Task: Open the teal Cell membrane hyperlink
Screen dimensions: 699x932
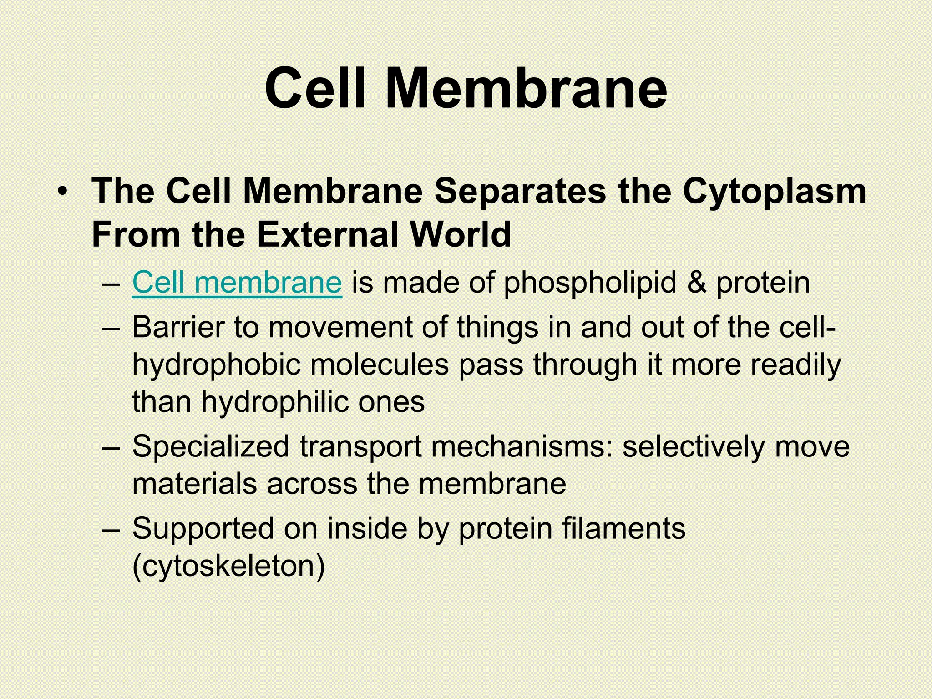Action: pos(237,283)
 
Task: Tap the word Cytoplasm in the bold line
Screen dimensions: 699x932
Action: pos(774,192)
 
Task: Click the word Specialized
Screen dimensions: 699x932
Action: pos(211,446)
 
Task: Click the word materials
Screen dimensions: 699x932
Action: pos(194,484)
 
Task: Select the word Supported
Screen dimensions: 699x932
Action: pos(203,529)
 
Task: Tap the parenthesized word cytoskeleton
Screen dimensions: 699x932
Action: pos(228,566)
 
